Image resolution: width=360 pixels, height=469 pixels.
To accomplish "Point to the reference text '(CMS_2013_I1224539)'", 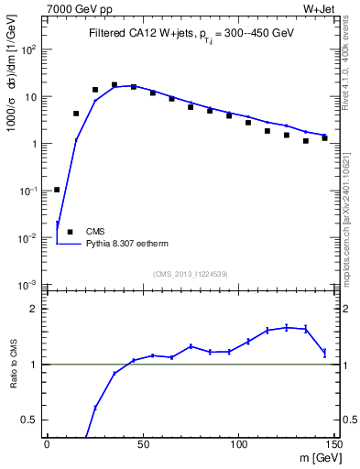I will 191,274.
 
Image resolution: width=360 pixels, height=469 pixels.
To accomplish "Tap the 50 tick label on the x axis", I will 142,444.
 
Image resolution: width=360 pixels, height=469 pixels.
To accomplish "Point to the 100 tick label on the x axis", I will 238,444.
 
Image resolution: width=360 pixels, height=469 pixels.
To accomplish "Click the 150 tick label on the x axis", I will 333,444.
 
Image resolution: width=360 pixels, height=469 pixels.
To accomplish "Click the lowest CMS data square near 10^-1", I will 57,190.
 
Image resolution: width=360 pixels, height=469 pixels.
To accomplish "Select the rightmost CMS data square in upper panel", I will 324,138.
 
